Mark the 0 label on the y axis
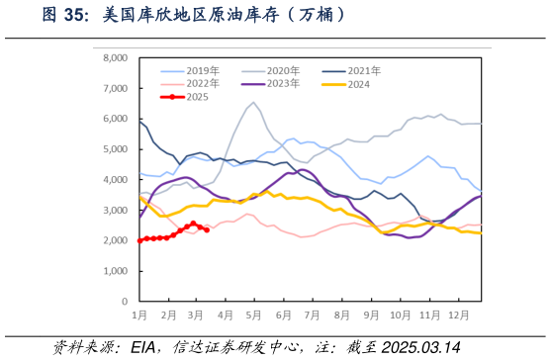click(x=125, y=301)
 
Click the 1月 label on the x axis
click(x=139, y=315)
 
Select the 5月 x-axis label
click(x=254, y=315)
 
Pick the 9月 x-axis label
click(x=371, y=315)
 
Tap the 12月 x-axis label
click(x=458, y=315)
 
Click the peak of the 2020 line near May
click(x=253, y=102)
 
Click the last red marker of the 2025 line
click(x=206, y=229)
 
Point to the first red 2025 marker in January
click(x=139, y=240)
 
